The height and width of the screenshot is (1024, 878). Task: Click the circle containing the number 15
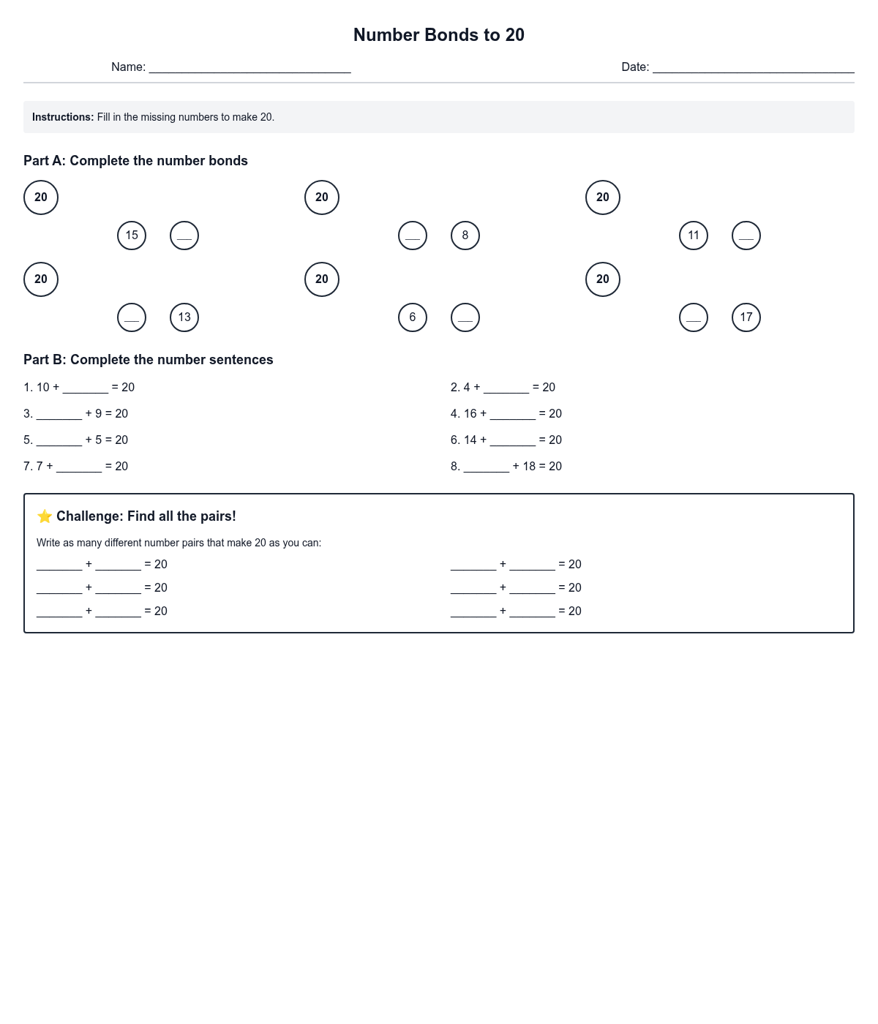point(132,236)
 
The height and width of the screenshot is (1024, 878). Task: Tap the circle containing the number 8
point(465,236)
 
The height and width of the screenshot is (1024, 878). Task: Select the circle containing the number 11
point(694,236)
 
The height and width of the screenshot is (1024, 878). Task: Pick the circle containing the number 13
point(184,317)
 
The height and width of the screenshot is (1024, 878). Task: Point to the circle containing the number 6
point(413,317)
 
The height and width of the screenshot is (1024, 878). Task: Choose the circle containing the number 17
point(746,317)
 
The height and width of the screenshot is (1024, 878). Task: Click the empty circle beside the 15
point(184,236)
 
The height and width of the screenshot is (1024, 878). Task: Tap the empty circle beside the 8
point(413,236)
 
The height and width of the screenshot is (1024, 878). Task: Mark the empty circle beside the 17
point(694,317)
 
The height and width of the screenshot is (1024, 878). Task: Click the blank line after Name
point(249,67)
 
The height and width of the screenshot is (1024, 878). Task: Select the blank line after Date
point(753,67)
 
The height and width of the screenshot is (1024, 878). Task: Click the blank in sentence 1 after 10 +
point(86,388)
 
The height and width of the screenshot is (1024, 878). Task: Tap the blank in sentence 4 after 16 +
point(513,414)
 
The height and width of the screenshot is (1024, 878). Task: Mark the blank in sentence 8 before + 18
point(487,467)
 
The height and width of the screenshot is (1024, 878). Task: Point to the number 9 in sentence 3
point(99,414)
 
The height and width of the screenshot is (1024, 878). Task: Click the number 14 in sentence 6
point(470,440)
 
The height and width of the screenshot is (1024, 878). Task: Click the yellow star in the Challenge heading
point(45,516)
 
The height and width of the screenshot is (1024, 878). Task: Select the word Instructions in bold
point(63,117)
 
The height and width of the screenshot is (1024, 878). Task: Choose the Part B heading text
point(149,360)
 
